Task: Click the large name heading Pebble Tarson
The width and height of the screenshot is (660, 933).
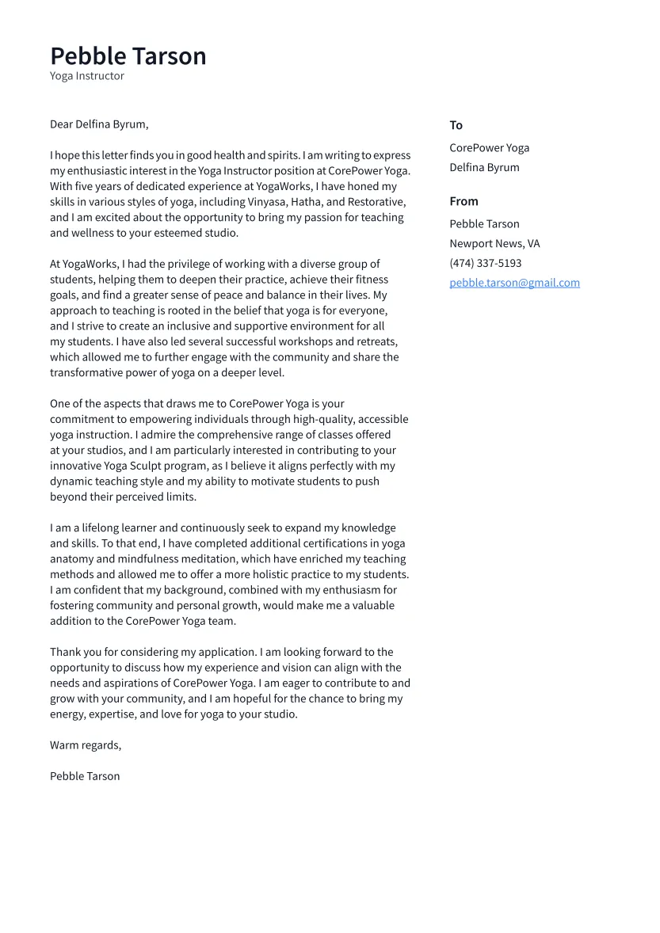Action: pyautogui.click(x=128, y=56)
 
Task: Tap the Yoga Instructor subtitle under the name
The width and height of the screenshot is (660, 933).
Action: pyautogui.click(x=87, y=76)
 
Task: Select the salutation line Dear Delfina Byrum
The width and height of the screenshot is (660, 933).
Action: pyautogui.click(x=99, y=124)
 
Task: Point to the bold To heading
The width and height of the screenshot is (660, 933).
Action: pyautogui.click(x=456, y=125)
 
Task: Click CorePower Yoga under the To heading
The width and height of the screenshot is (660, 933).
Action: pyautogui.click(x=489, y=148)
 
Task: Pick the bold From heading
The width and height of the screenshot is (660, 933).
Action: pyautogui.click(x=464, y=201)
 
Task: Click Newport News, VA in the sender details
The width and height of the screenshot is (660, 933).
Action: pyautogui.click(x=494, y=244)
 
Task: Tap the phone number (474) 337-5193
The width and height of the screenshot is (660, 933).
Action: pyautogui.click(x=485, y=263)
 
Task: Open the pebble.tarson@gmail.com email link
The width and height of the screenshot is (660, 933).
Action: pyautogui.click(x=514, y=283)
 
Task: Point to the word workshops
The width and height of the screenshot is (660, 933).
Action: pyautogui.click(x=289, y=341)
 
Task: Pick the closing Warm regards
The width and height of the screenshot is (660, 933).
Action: pyautogui.click(x=86, y=745)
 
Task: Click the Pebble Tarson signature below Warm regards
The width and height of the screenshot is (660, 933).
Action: pyautogui.click(x=85, y=776)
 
